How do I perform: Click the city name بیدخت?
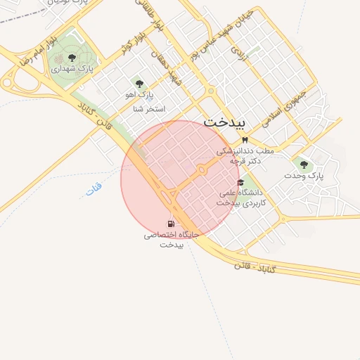click(225, 122)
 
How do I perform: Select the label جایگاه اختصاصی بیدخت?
click(172, 239)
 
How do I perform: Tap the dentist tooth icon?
click(244, 141)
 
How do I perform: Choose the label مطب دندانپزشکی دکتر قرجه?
click(244, 155)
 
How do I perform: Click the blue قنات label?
click(93, 188)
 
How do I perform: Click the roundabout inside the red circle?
click(202, 170)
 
